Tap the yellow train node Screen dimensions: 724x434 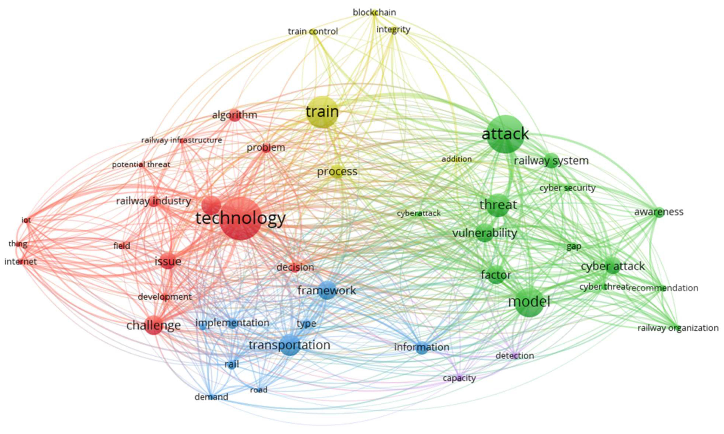[x=322, y=112]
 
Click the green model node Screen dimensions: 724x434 [x=529, y=302]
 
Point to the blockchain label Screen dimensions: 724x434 [x=374, y=12]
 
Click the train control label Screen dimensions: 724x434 [x=313, y=31]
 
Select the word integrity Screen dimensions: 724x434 [x=393, y=30]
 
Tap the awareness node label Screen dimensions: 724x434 [x=658, y=212]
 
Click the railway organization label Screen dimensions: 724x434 [x=678, y=328]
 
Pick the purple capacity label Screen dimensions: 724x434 [x=459, y=378]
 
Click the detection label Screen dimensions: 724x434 [x=515, y=356]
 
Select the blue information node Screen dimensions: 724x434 [x=422, y=347]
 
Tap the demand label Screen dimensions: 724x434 [x=211, y=397]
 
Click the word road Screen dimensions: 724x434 [x=259, y=390]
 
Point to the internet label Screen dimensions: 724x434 [x=21, y=261]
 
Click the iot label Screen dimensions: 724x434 [x=26, y=220]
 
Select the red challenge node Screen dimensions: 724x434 [x=154, y=325]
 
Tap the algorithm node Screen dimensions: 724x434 [x=234, y=115]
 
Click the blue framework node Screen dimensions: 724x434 [x=327, y=290]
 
